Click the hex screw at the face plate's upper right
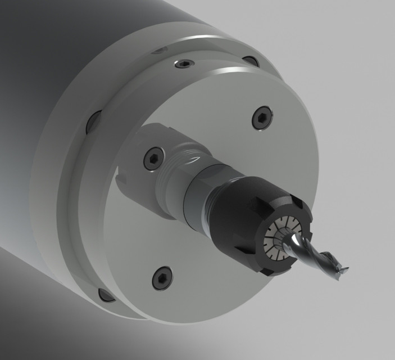pyautogui.click(x=262, y=118)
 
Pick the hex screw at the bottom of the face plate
pyautogui.click(x=162, y=277)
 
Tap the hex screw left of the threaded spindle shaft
pyautogui.click(x=153, y=159)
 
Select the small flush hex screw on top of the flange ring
pyautogui.click(x=184, y=64)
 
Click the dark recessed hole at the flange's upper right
pyautogui.click(x=251, y=61)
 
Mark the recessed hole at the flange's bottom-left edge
pyautogui.click(x=106, y=295)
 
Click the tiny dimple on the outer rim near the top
pyautogui.click(x=159, y=51)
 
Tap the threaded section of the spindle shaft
pyautogui.click(x=174, y=169)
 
